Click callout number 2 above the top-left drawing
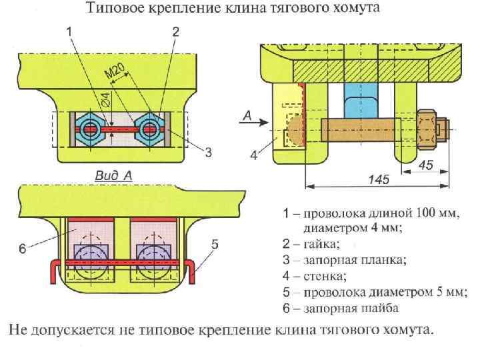175,31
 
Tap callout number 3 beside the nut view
208,152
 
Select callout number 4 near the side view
254,155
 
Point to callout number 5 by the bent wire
215,245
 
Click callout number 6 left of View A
23,249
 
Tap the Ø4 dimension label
105,101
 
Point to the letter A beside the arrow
246,115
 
